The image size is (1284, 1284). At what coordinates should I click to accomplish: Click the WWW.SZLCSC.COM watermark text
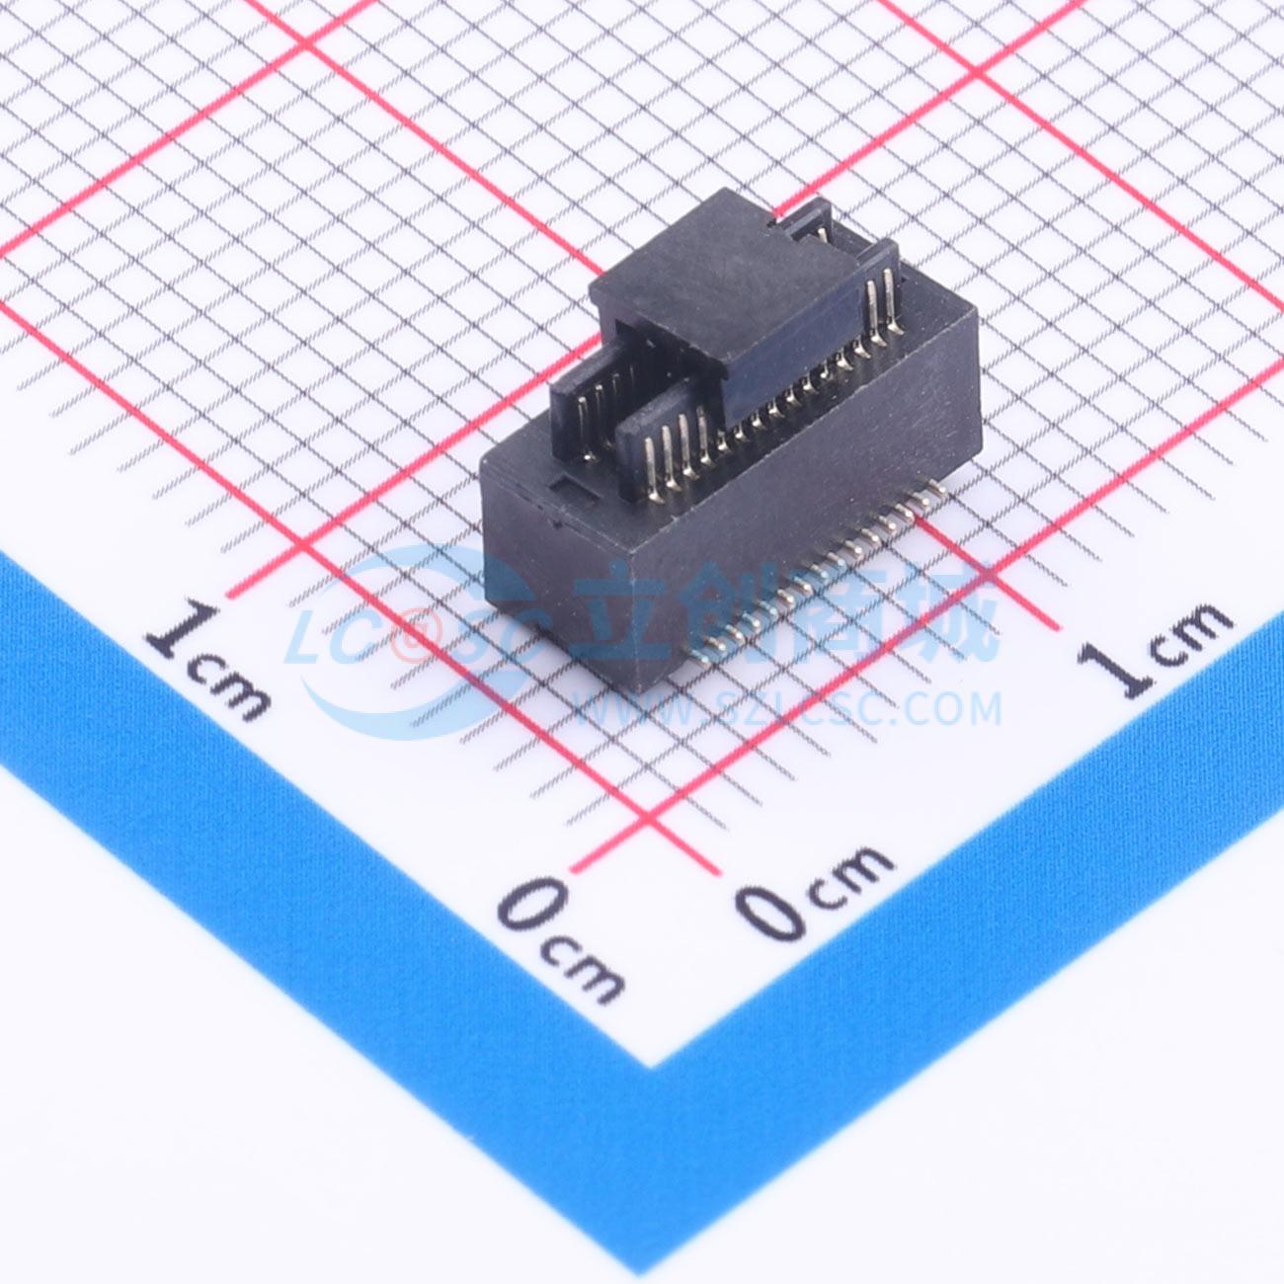point(787,709)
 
